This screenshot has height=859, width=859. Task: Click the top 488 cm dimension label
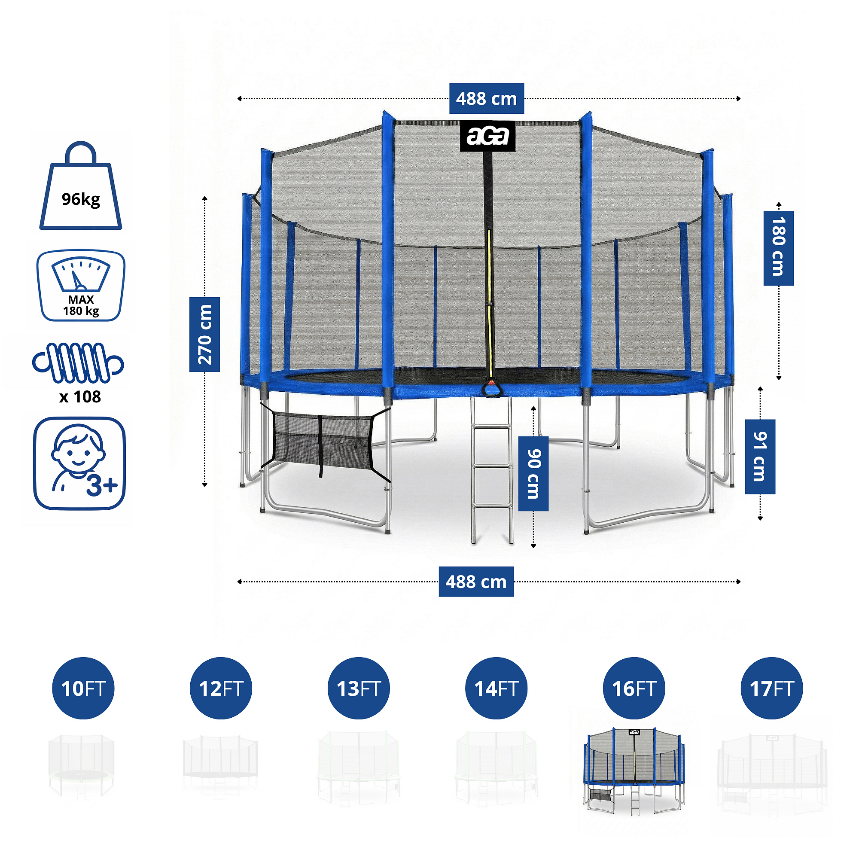click(487, 98)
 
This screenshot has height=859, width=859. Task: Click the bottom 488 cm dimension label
click(476, 582)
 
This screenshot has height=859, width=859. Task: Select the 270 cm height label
click(204, 334)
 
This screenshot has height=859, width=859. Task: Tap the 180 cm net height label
click(779, 248)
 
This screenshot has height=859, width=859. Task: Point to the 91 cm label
click(760, 457)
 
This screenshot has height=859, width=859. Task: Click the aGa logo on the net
click(487, 136)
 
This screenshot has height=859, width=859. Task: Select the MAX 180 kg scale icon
click(81, 286)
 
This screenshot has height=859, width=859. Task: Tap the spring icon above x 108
click(78, 363)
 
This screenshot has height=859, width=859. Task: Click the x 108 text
click(80, 396)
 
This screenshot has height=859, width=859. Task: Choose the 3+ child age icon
click(79, 463)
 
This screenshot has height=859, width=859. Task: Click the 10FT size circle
click(83, 688)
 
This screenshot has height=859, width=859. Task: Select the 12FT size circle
click(221, 688)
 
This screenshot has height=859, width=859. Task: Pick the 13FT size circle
click(358, 688)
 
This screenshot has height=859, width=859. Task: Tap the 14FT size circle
click(496, 688)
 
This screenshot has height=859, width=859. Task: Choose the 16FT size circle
click(634, 688)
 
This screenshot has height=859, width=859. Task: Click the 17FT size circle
click(771, 688)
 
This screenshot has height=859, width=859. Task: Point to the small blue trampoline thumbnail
click(634, 771)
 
